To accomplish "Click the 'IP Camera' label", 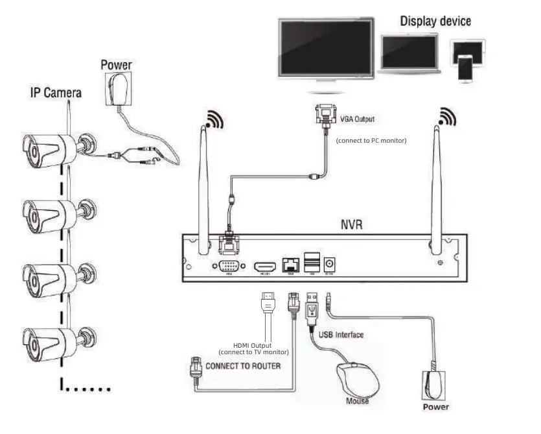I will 56,93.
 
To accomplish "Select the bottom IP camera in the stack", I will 52,339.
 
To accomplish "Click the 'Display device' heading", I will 435,21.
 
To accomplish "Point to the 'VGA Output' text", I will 357,119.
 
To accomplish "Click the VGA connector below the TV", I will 323,117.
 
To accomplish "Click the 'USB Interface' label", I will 341,335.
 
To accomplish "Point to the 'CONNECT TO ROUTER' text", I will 243,366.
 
